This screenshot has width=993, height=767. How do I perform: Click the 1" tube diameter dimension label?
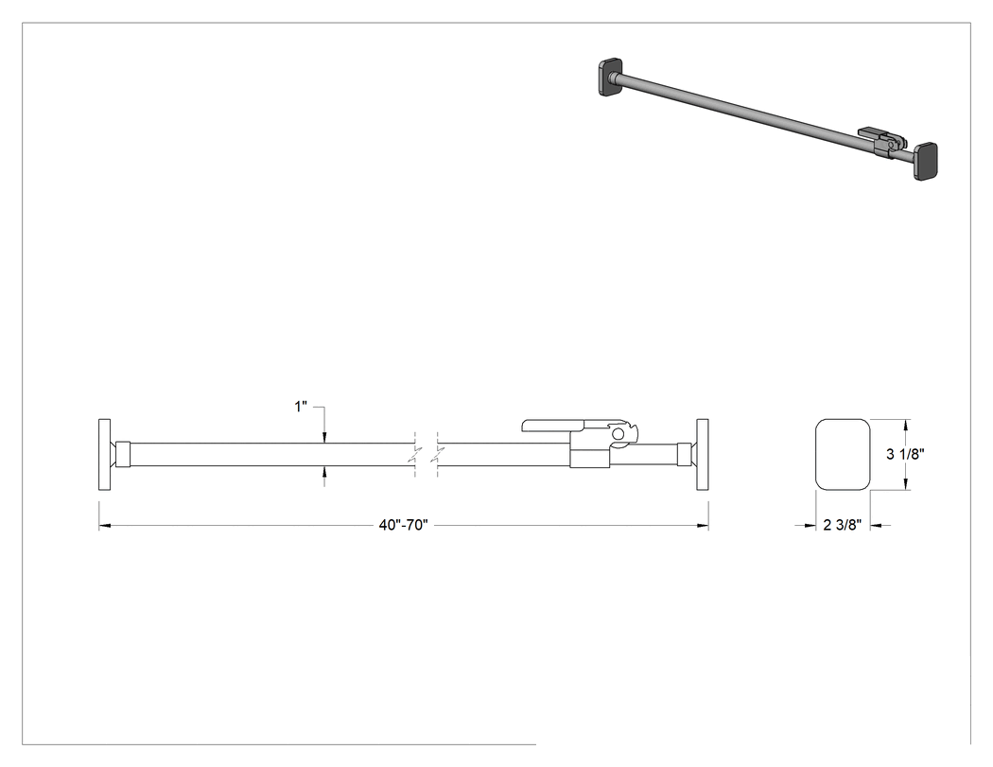coord(301,406)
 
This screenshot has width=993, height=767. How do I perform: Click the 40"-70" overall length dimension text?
coord(404,525)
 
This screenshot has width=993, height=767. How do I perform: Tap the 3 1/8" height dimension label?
coord(906,454)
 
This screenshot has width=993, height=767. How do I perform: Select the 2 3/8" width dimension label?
coord(843,525)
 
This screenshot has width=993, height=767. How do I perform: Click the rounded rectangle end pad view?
coord(843,454)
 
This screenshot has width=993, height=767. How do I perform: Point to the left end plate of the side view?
coord(104,454)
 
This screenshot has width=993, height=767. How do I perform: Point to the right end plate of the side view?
coord(703,454)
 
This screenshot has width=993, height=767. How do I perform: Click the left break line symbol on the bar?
coord(415,454)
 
